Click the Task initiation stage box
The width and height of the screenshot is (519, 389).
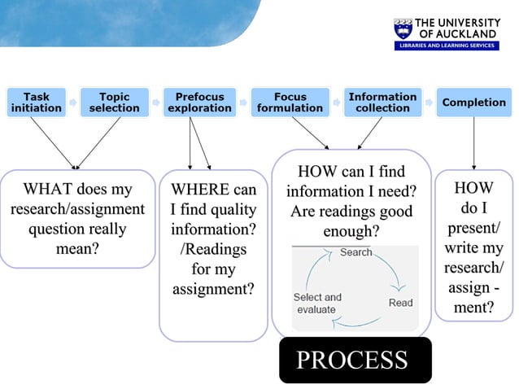click(37, 103)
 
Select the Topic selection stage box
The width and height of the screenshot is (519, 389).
click(114, 103)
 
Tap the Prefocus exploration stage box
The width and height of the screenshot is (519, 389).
click(200, 103)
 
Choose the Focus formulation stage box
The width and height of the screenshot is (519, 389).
click(290, 103)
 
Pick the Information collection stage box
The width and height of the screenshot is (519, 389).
click(382, 103)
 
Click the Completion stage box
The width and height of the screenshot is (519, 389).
click(473, 103)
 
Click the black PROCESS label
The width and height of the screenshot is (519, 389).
click(352, 360)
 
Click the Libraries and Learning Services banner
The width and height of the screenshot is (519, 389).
click(447, 46)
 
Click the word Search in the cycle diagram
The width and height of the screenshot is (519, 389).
click(355, 252)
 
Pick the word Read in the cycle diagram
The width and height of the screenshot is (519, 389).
click(400, 303)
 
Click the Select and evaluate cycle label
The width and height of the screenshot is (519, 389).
click(317, 304)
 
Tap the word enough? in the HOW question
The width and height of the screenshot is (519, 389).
click(351, 232)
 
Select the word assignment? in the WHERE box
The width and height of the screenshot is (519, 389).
click(213, 289)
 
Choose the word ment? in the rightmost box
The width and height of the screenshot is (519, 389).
click(473, 307)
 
